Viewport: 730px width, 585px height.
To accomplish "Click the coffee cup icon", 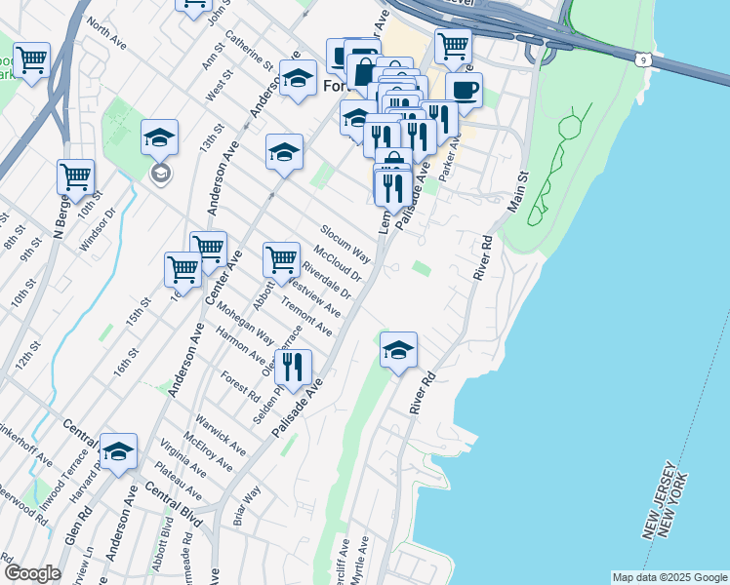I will pyautogui.click(x=465, y=90).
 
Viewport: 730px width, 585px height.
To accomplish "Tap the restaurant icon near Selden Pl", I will pyautogui.click(x=293, y=367).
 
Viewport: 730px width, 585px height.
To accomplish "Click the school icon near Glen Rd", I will pyautogui.click(x=118, y=450).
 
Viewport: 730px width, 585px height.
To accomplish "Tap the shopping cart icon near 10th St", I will pyautogui.click(x=75, y=176).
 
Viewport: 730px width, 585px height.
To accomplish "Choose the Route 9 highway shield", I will pyautogui.click(x=643, y=60).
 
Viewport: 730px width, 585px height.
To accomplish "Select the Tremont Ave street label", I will pyautogui.click(x=306, y=318).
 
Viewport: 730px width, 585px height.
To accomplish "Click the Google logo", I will pyautogui.click(x=31, y=573).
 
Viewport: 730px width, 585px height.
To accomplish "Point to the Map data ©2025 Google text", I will pyautogui.click(x=669, y=577).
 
